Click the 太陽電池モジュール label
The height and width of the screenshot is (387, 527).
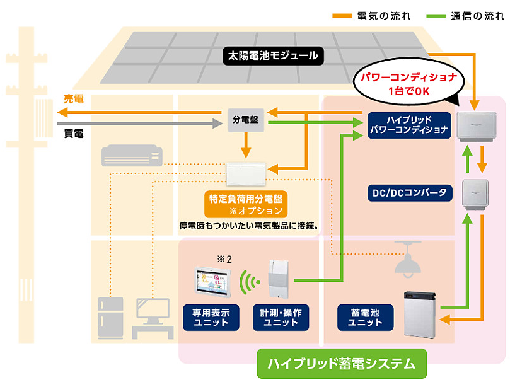[273, 56]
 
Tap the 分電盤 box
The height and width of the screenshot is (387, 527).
[245, 119]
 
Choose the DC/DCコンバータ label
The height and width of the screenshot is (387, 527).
[408, 192]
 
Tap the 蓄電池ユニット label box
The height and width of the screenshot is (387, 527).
[366, 317]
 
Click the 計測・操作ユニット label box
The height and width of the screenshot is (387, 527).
[281, 317]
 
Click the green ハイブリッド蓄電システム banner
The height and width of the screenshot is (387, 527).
[342, 364]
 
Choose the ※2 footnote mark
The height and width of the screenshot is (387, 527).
[224, 258]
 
